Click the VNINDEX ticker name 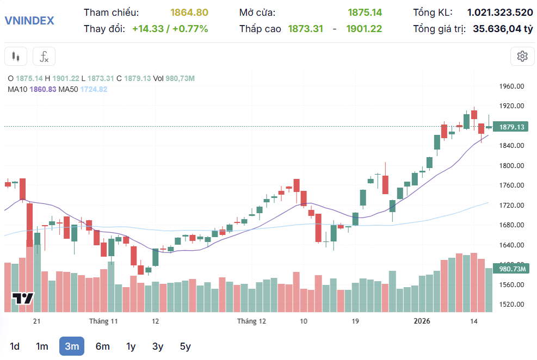point(29,21)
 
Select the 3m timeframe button point(72,346)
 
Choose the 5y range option point(185,346)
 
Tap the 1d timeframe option point(15,346)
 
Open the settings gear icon point(522,56)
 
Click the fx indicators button point(44,56)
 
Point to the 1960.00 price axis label point(511,86)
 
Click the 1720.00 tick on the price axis point(511,206)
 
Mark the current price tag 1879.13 point(511,127)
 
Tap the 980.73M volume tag point(511,269)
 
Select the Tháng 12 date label point(251,321)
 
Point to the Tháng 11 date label point(103,321)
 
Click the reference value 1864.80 point(189,13)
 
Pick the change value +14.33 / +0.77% point(170,29)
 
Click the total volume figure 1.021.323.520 point(500,13)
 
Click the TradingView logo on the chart point(23,299)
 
